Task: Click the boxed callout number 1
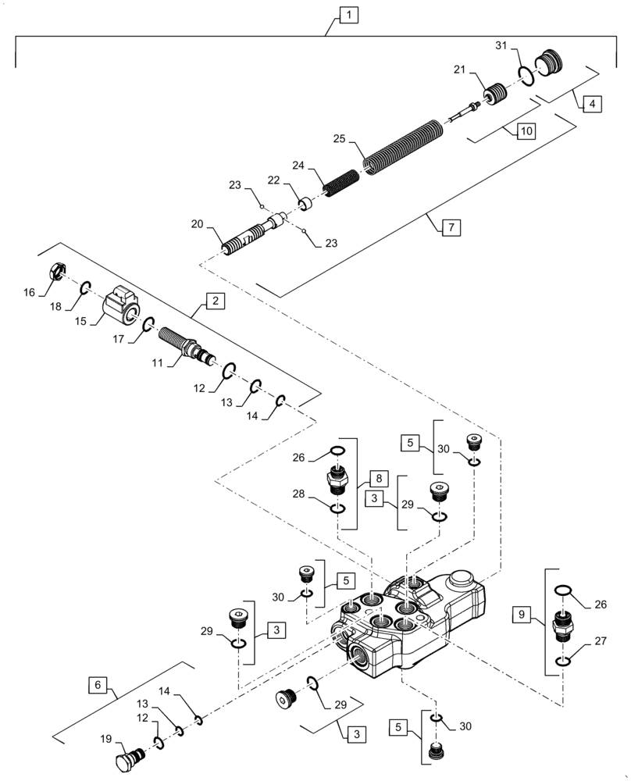[348, 14]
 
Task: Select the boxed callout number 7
[451, 228]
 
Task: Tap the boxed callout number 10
[526, 131]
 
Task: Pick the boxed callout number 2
[214, 301]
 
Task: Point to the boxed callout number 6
[98, 685]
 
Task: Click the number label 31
[502, 46]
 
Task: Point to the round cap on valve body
[461, 583]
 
